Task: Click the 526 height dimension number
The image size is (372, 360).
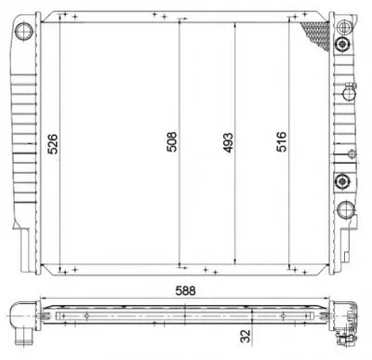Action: [x=53, y=144]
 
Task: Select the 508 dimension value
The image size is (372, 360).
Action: [x=172, y=142]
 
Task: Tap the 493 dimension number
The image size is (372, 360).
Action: [x=228, y=143]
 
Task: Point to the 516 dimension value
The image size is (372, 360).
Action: [x=282, y=141]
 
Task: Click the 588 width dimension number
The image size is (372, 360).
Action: [x=185, y=291]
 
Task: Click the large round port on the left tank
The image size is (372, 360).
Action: [x=24, y=31]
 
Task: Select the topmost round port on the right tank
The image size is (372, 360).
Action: [x=344, y=27]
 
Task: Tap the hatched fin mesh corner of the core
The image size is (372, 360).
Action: [x=318, y=34]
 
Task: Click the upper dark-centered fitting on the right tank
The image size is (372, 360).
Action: [x=342, y=45]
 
